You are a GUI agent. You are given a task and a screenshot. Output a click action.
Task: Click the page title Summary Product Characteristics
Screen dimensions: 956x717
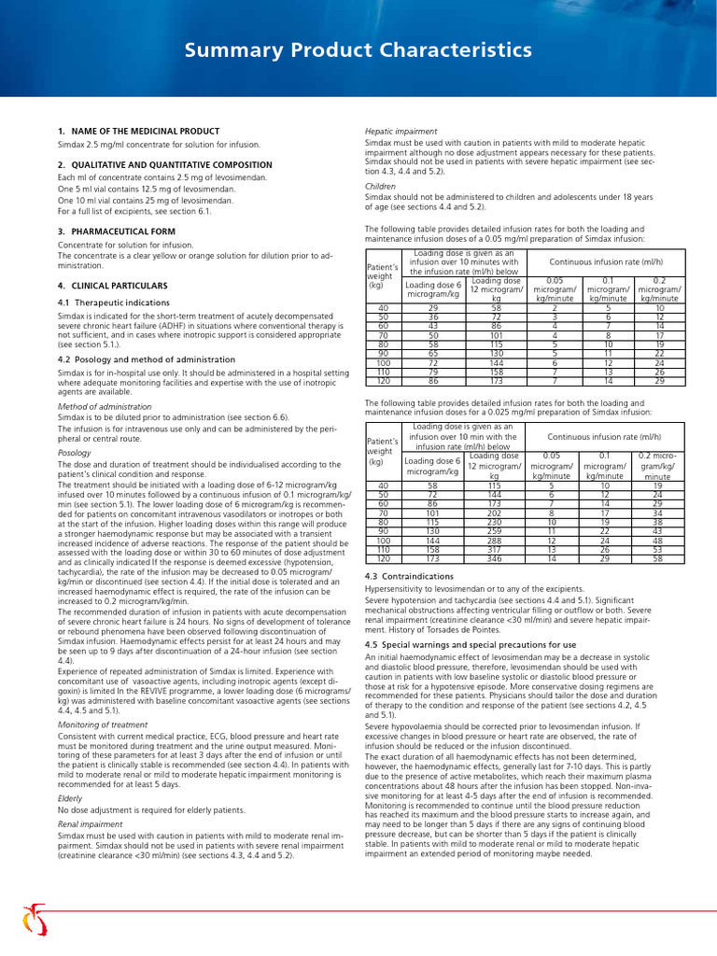358,49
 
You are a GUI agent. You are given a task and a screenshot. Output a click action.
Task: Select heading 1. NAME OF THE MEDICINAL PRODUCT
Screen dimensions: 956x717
138,132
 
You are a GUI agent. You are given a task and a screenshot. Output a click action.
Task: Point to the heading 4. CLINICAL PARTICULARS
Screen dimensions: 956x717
113,285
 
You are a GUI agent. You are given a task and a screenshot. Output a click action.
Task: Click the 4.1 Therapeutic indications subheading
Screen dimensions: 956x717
114,302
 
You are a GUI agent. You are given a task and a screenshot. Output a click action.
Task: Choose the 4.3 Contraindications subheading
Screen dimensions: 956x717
409,577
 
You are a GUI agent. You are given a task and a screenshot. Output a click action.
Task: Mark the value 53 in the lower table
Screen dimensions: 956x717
657,550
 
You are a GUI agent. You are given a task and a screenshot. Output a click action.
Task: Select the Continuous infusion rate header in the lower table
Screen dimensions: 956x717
605,436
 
